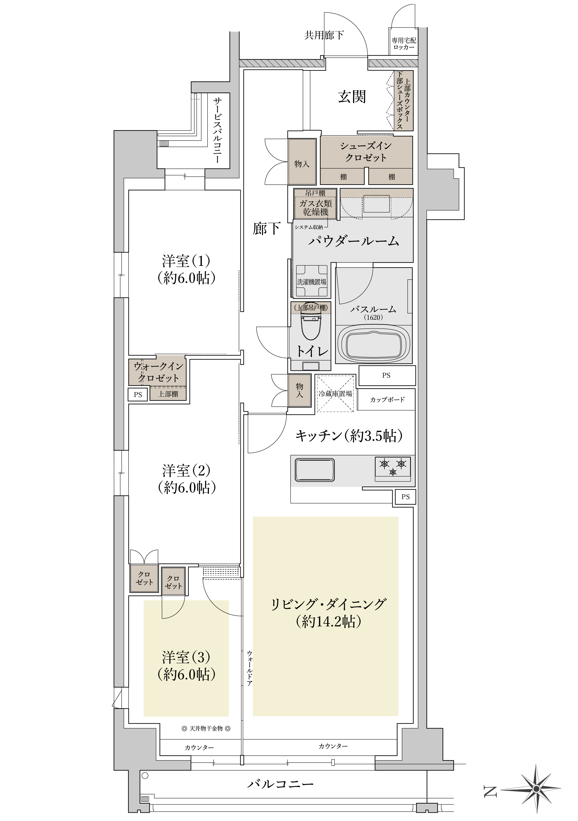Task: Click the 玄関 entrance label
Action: point(352,97)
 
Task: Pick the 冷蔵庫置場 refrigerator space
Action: point(336,394)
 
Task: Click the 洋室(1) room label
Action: point(186,269)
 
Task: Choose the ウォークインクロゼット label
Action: point(158,372)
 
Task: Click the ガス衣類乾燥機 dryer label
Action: point(315,208)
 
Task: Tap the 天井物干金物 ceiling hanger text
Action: point(206,728)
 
